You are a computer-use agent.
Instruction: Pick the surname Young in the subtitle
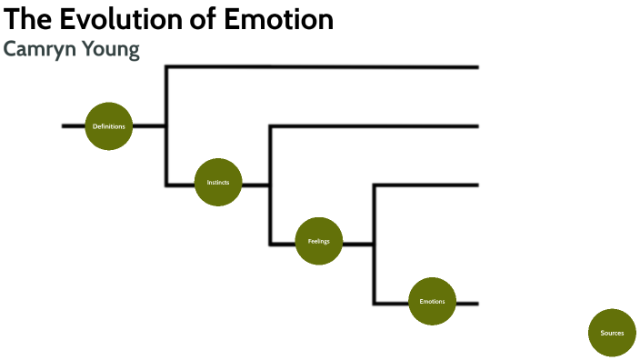coord(108,49)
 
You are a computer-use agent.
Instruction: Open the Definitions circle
coord(109,125)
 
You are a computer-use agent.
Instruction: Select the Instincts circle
coord(218,182)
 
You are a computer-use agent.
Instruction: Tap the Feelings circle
coord(319,241)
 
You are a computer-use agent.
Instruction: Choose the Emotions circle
coord(432,301)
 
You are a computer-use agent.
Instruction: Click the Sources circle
coord(613,333)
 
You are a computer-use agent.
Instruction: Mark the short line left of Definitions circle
coord(73,125)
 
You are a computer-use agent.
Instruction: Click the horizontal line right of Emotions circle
coord(466,303)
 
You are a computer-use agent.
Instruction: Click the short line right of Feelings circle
coord(358,244)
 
